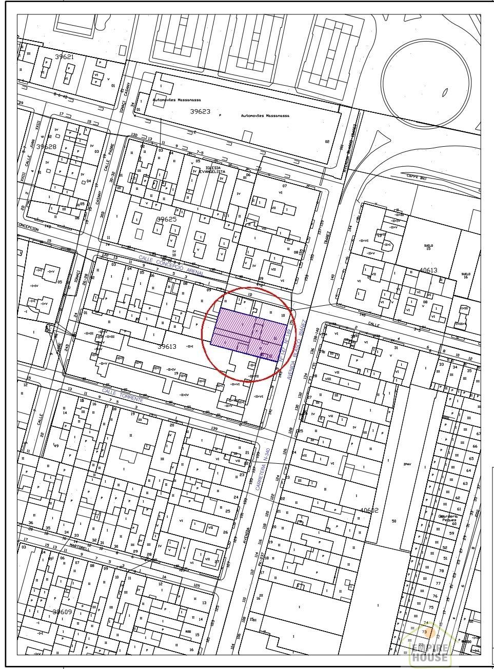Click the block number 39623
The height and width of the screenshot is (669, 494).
point(201,111)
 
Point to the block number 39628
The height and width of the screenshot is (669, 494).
point(46,147)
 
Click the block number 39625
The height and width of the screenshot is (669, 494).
point(166,219)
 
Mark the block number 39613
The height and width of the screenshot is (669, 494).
point(167,347)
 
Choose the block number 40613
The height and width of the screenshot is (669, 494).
point(428,270)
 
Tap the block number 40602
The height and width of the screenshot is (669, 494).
point(369,510)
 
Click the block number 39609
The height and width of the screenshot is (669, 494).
point(63,612)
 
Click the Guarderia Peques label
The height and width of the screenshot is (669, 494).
point(447,518)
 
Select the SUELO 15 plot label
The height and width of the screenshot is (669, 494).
point(427,247)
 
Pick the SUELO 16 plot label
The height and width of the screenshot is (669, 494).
point(465,274)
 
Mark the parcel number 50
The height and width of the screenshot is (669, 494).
point(394,521)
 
